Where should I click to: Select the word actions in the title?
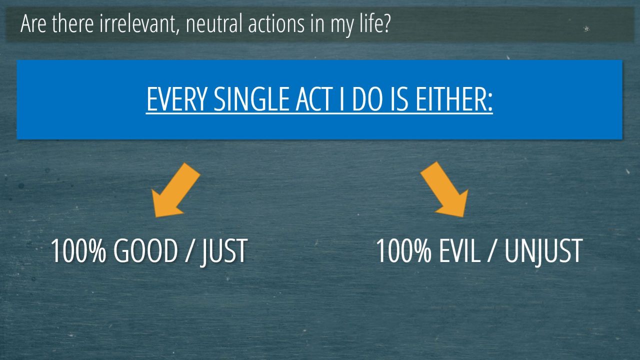tap(276, 24)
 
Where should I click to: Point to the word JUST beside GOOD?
tap(224, 251)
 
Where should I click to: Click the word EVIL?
tap(459, 250)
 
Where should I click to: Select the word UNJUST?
tap(543, 251)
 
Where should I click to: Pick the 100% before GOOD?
tap(78, 250)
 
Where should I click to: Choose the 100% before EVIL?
tap(403, 250)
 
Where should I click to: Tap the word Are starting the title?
tap(33, 23)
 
